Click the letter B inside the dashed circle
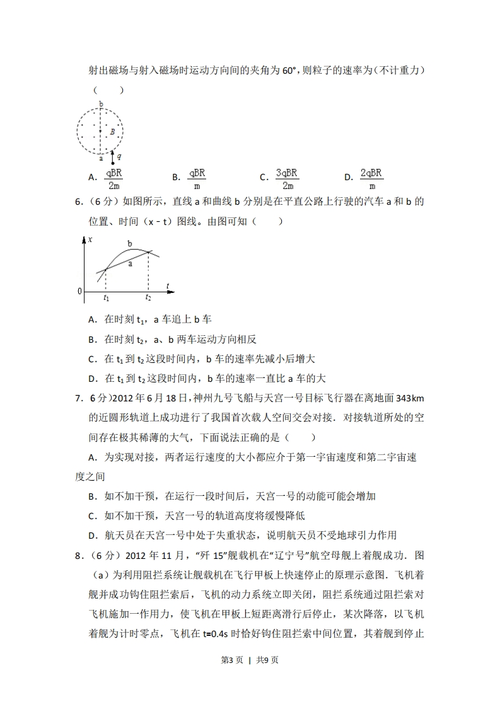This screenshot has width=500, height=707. tap(112, 132)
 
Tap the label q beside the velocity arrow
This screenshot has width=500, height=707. tap(120, 154)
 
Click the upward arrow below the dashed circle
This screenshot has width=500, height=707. tap(113, 156)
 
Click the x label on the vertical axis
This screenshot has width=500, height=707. tap(91, 240)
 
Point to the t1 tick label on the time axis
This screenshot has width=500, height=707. tap(106, 297)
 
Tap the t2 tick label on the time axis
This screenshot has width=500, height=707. tap(148, 297)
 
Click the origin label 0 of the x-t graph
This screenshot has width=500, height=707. tap(80, 291)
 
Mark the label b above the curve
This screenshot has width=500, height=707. tap(130, 243)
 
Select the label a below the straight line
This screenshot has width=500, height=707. tap(130, 264)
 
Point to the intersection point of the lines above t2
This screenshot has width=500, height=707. tap(149, 252)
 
